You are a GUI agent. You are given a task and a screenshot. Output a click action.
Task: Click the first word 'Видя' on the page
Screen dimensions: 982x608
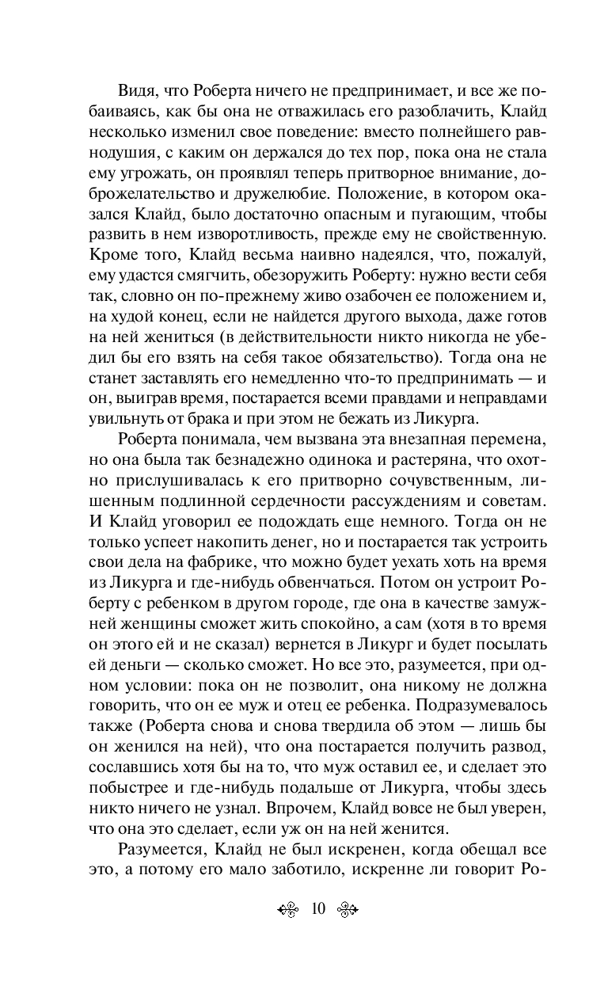coord(136,89)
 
